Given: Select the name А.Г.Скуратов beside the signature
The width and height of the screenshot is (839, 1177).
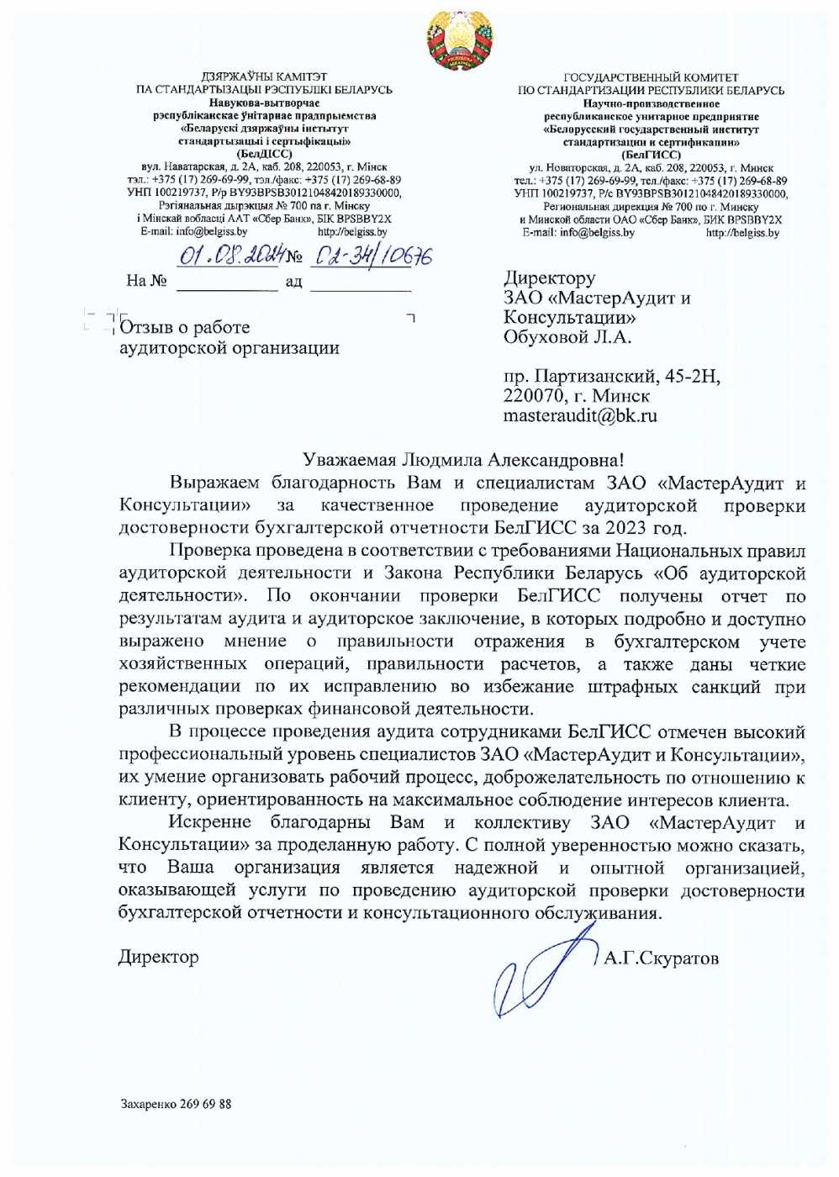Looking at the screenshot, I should pos(662,958).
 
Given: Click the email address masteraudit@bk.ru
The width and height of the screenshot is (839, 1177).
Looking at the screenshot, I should pos(580,415).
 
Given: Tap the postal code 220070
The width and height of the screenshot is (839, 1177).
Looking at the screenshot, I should pos(535,395).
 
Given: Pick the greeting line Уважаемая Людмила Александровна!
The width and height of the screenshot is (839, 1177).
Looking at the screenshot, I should pos(465,459).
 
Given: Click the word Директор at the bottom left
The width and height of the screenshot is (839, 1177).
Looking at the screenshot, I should pos(158,957).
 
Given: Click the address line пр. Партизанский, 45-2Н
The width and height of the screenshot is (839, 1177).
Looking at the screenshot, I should pos(612,375).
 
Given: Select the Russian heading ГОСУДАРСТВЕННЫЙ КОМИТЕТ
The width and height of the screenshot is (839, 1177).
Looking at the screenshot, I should pos(651,77).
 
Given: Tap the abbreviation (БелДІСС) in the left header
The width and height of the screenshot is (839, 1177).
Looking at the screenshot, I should pos(265,155).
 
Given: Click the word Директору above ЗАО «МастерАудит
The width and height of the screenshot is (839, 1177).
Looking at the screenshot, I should pos(550,277).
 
